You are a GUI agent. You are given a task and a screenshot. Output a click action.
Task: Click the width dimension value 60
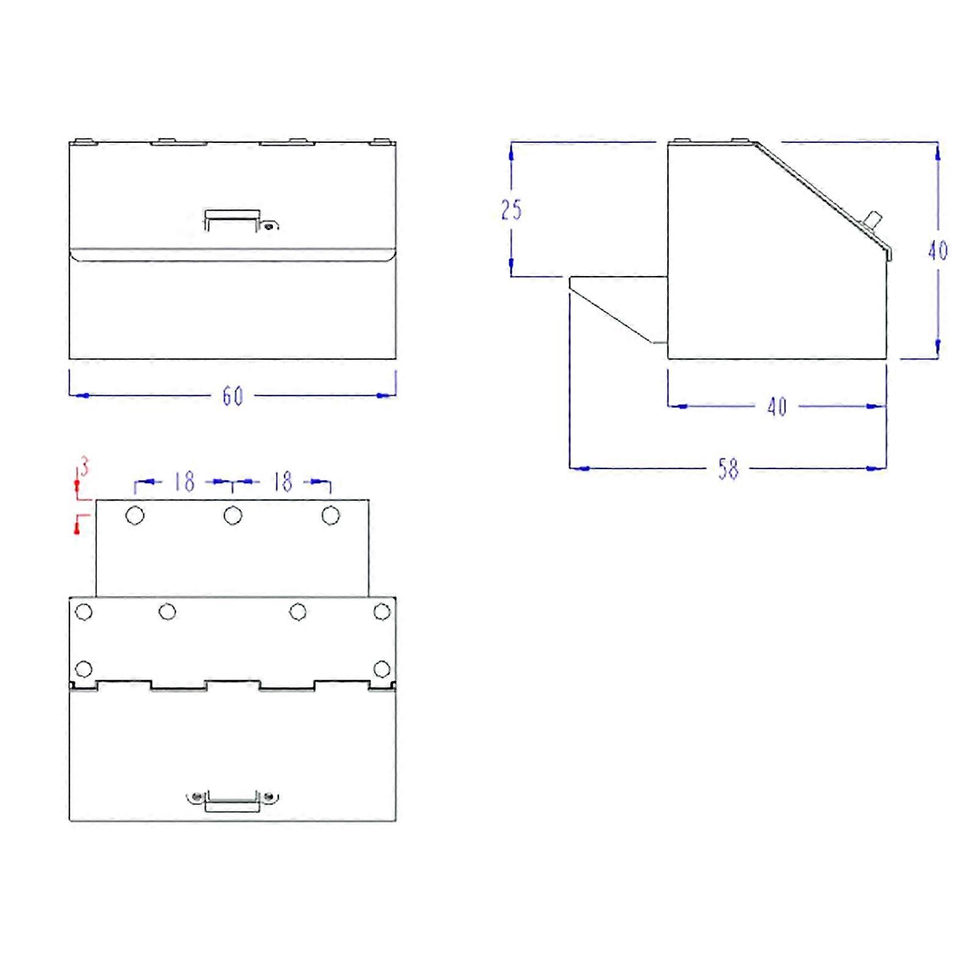(x=233, y=396)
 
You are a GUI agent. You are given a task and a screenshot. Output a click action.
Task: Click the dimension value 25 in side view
(x=511, y=210)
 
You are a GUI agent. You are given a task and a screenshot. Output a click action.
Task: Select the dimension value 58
(x=728, y=469)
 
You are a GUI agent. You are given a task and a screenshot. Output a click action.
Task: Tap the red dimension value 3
(x=84, y=468)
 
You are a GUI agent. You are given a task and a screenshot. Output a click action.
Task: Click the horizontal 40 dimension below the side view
(x=777, y=407)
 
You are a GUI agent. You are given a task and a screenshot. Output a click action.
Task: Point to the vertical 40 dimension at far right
(x=937, y=250)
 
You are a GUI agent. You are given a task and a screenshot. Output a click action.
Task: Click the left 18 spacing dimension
(x=184, y=482)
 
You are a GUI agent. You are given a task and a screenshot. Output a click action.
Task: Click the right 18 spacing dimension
(x=282, y=482)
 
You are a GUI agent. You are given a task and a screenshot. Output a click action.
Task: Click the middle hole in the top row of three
(x=233, y=516)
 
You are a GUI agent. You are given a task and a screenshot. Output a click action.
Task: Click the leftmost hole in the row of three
(x=135, y=516)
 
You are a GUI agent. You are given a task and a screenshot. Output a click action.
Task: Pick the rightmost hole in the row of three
(x=330, y=516)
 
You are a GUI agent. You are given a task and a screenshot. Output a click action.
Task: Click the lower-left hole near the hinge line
(x=84, y=669)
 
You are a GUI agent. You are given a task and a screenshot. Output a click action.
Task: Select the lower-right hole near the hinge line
(x=382, y=669)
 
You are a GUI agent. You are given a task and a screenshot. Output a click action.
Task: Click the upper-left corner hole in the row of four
(x=84, y=612)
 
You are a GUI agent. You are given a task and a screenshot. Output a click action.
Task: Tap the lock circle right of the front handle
(x=268, y=227)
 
